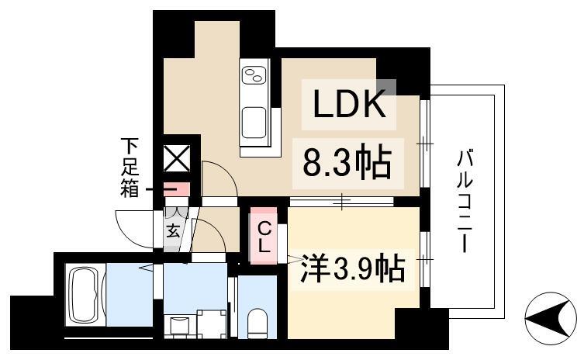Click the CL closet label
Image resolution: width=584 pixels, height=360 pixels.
click(x=264, y=237)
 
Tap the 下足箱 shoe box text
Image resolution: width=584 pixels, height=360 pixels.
click(x=130, y=166)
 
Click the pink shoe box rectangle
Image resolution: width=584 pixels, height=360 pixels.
click(x=179, y=189)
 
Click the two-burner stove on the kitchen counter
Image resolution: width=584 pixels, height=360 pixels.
click(x=255, y=75)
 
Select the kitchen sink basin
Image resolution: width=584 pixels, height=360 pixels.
click(x=255, y=122)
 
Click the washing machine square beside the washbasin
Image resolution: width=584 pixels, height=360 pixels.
click(x=211, y=324)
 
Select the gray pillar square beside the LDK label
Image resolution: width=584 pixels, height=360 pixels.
click(x=386, y=87)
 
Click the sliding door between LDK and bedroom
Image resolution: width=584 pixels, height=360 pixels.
click(x=341, y=202)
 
